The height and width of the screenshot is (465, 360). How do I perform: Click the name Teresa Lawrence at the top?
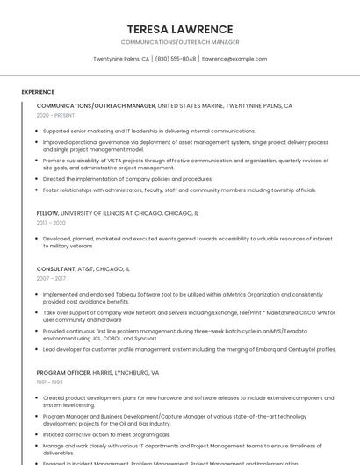179,29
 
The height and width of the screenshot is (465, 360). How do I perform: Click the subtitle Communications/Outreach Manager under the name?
179,42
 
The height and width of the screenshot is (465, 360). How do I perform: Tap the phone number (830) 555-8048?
176,59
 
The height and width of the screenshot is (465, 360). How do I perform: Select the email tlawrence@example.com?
234,59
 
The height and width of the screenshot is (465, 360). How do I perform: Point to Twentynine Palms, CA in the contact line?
121,59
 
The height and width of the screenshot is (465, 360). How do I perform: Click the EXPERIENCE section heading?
38,92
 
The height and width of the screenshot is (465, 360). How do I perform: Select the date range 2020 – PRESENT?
56,115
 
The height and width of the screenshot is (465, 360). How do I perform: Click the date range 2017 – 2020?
51,223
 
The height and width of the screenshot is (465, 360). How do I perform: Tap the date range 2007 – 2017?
51,278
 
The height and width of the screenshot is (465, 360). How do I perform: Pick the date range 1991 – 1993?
49,383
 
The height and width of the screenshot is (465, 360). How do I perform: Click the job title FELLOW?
47,213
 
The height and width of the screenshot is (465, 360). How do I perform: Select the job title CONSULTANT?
56,268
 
